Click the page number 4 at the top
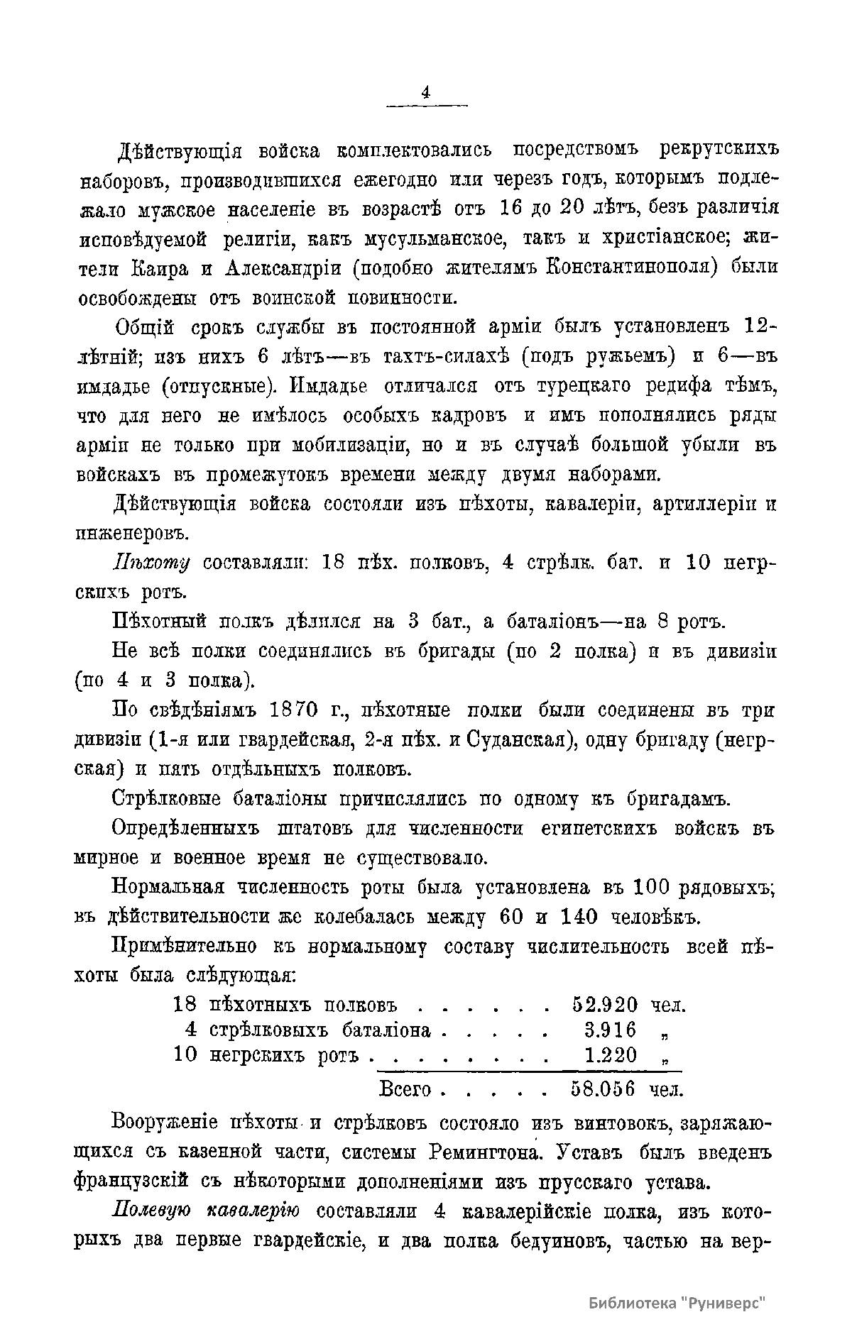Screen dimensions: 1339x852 (x=426, y=93)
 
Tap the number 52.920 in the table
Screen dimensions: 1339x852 (x=604, y=1005)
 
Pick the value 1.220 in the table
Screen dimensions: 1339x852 (x=610, y=1055)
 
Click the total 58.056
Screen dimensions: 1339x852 (x=603, y=1088)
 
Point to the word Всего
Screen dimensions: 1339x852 (x=406, y=1088)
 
